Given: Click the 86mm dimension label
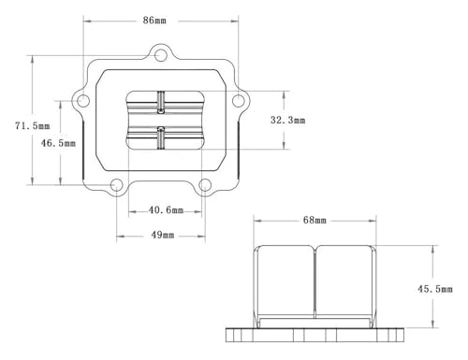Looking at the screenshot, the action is (x=154, y=21).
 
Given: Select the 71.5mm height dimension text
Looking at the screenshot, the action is (x=33, y=126).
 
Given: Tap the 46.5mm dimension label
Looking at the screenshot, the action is (x=58, y=143).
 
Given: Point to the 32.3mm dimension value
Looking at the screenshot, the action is (x=287, y=120).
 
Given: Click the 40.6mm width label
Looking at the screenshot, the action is (x=166, y=210).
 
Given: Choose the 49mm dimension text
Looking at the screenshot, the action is (x=163, y=235).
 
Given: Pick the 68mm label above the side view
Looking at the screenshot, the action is (x=314, y=221).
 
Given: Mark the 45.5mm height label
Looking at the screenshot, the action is (x=435, y=289).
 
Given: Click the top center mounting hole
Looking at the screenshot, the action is (x=161, y=55).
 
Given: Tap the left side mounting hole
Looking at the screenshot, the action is (x=83, y=101).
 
